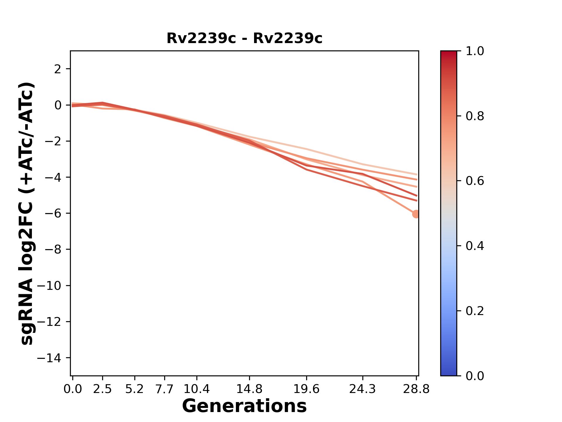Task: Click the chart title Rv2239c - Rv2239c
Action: coord(244,38)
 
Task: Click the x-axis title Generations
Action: coord(244,406)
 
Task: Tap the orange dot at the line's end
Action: coord(416,214)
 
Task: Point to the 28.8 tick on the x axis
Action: coord(416,389)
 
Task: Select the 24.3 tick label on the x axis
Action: coord(362,389)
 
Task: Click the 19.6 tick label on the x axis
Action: coord(306,389)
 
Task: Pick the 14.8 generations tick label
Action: coord(249,389)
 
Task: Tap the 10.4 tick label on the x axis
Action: coord(196,389)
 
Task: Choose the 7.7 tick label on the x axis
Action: coord(165,389)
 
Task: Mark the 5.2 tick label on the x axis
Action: coord(134,389)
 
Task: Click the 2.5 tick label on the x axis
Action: coord(102,389)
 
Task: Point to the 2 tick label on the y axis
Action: coord(58,69)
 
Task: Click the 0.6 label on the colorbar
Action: coord(475,181)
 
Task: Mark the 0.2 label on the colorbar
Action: coord(475,311)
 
